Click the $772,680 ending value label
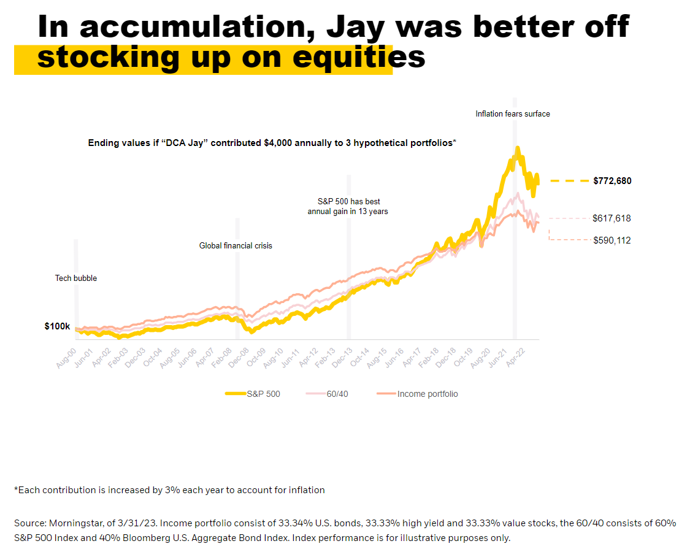(612, 181)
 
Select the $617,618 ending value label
(612, 218)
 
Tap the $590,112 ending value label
(612, 240)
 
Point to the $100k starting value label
(57, 326)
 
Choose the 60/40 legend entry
(337, 394)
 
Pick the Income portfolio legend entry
(427, 394)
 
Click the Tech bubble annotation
(76, 278)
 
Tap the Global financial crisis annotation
(236, 245)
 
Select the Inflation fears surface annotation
(513, 113)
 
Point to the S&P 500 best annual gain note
(348, 206)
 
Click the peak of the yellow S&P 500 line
(518, 148)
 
